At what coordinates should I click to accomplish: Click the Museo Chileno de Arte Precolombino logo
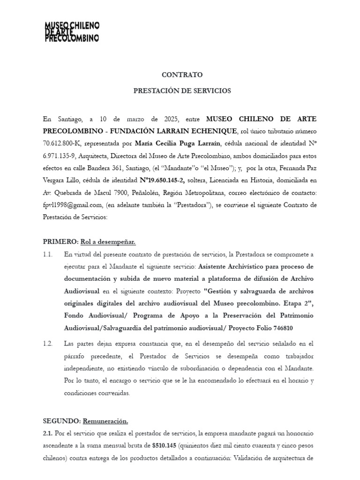coord(72,32)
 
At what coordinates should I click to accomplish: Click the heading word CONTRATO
coord(182,75)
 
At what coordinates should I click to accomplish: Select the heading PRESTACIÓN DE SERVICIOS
coord(182,91)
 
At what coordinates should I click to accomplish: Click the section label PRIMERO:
coord(60,242)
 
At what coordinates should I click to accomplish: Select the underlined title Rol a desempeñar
coord(108,242)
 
